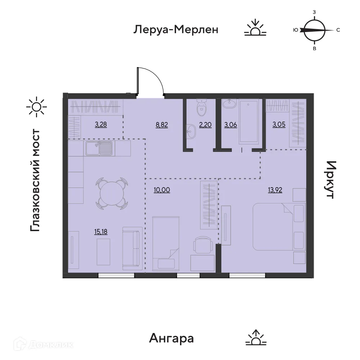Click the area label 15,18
coord(101,231)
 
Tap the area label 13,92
coord(275,190)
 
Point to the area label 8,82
coord(162,125)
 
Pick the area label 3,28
coord(101,125)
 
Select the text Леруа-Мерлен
coord(176,30)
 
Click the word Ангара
coord(171,338)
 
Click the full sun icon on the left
coord(37,107)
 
